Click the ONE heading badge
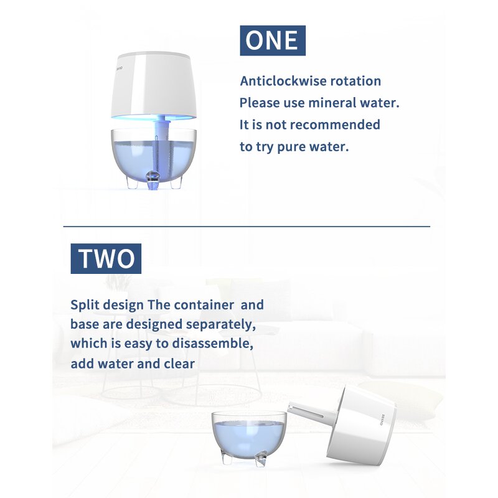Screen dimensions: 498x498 [273, 40]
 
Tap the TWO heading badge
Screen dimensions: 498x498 [106, 258]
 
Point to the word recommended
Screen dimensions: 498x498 [335, 125]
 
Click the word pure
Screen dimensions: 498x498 [291, 148]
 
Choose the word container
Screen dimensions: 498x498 [204, 305]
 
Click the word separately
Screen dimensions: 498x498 [221, 324]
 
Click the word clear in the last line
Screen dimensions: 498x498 [179, 364]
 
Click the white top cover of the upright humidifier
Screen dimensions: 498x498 [154, 84]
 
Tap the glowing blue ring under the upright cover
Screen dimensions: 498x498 [154, 117]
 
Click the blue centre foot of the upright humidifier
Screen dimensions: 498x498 [153, 181]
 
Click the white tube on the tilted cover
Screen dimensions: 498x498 [311, 412]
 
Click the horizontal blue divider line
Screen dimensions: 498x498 [247, 227]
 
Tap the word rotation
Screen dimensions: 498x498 [355, 81]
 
